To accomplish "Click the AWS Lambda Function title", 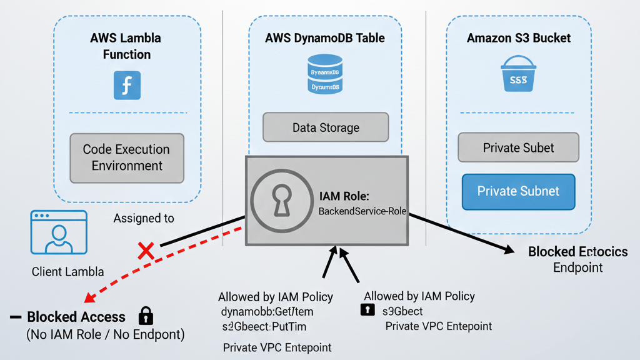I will pyautogui.click(x=127, y=46).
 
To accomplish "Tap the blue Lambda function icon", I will pyautogui.click(x=127, y=85).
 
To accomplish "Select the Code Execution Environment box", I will pyautogui.click(x=127, y=157).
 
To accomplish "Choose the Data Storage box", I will pyautogui.click(x=326, y=127).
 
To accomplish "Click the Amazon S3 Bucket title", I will pyautogui.click(x=519, y=38).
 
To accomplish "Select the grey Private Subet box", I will pyautogui.click(x=518, y=147).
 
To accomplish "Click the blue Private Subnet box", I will pyautogui.click(x=518, y=191).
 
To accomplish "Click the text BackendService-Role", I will pyautogui.click(x=362, y=211).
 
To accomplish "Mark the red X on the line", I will pyautogui.click(x=146, y=251).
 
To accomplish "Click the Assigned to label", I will pyautogui.click(x=144, y=218).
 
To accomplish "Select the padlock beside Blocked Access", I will pyautogui.click(x=146, y=315).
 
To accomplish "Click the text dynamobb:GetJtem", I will pyautogui.click(x=267, y=311).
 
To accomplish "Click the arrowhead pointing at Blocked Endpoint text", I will pyautogui.click(x=509, y=251).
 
